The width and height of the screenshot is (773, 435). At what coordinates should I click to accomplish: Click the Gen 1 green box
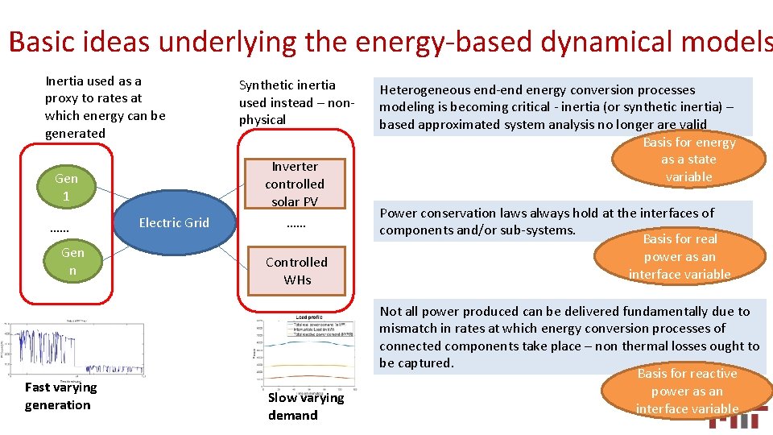coord(66,187)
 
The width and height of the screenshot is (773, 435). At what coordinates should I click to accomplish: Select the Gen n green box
coord(72,262)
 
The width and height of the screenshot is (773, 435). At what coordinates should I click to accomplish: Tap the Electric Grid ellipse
coord(174,223)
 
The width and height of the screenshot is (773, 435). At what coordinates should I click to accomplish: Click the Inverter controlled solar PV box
coord(295,184)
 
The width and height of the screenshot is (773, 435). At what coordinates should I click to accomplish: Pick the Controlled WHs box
coord(296,271)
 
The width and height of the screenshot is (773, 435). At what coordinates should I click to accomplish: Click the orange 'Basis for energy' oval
coord(688,159)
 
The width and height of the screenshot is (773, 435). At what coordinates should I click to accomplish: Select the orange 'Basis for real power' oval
coord(680,256)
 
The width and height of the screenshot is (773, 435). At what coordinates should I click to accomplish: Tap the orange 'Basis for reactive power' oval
coord(687,391)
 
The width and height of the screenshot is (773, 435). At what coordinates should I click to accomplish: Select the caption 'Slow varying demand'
coord(305,406)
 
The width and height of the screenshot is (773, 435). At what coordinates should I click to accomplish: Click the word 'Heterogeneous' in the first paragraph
coord(431,89)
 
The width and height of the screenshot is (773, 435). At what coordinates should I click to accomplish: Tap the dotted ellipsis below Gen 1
coord(59,228)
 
